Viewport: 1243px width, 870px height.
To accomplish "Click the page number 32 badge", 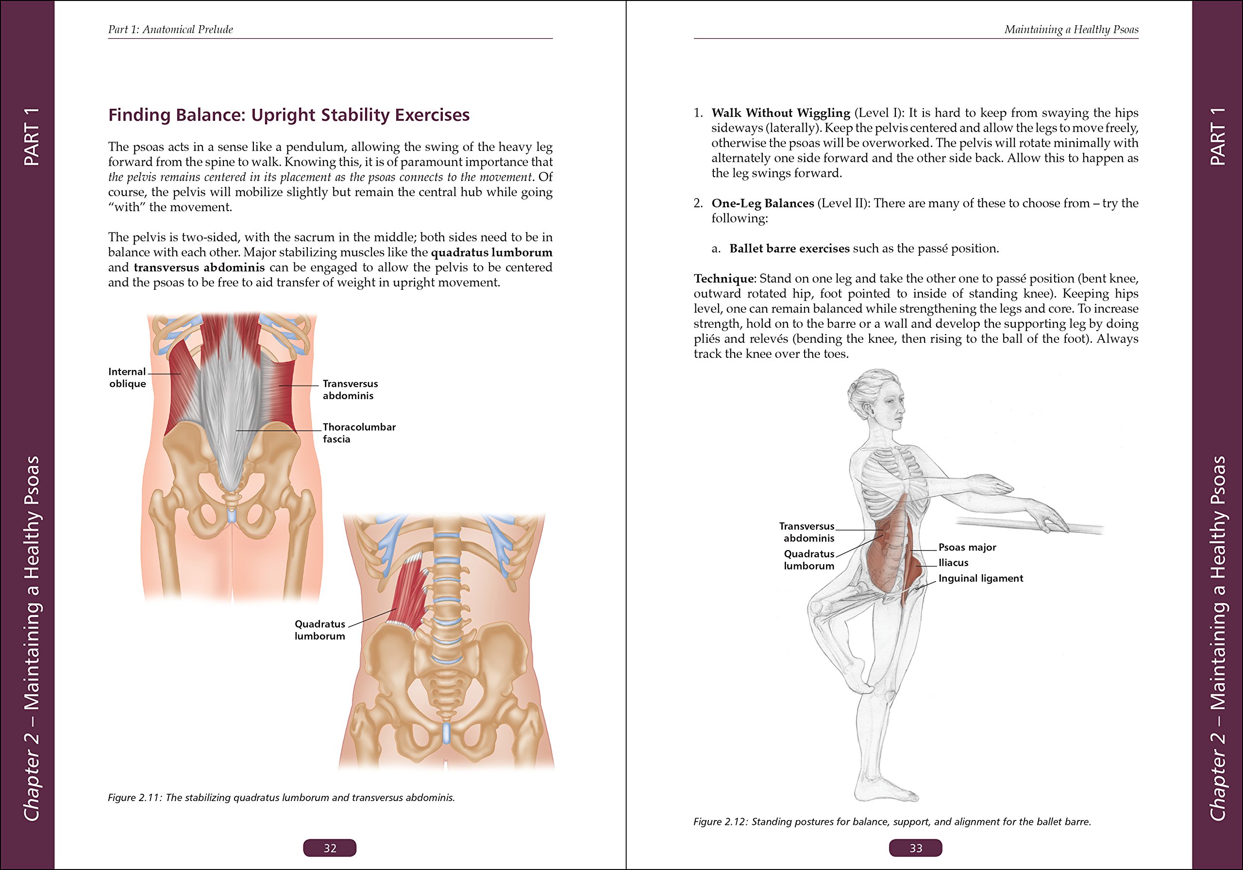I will pyautogui.click(x=329, y=848).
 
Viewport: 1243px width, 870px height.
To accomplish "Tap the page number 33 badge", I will pyautogui.click(x=915, y=848).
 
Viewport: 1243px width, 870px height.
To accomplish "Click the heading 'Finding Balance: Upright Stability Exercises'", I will pyautogui.click(x=288, y=115).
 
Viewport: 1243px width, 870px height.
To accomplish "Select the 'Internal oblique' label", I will pyautogui.click(x=127, y=377).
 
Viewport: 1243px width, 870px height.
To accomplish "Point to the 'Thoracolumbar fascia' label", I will pyautogui.click(x=358, y=433).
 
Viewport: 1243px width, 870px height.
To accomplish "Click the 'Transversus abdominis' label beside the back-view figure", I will pyautogui.click(x=350, y=389).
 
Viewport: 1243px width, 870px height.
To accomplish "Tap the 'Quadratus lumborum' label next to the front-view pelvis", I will pyautogui.click(x=319, y=630).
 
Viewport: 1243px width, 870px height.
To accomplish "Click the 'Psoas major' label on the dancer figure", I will pyautogui.click(x=967, y=547).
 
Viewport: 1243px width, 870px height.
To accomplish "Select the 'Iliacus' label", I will pyautogui.click(x=953, y=563).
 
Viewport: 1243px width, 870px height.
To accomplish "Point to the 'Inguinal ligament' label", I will pyautogui.click(x=980, y=578).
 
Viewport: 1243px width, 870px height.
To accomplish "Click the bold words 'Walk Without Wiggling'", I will pyautogui.click(x=780, y=113).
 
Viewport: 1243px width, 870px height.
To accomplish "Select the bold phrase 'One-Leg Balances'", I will pyautogui.click(x=762, y=203).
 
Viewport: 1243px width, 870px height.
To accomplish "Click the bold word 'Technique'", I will pyautogui.click(x=723, y=278).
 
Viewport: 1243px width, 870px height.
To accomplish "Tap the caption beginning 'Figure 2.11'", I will pyautogui.click(x=281, y=798).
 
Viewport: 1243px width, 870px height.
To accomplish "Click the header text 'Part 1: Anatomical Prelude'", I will pyautogui.click(x=170, y=29).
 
